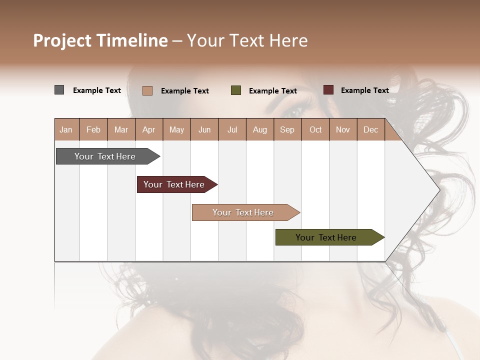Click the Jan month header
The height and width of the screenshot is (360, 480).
tap(66, 130)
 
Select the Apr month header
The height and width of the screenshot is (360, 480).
tap(149, 130)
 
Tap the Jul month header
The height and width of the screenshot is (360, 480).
tap(232, 130)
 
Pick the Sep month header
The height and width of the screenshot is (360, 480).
tap(287, 130)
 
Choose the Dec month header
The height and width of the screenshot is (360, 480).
tap(370, 130)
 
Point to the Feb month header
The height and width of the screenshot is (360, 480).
tap(93, 130)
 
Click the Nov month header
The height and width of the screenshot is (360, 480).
tap(343, 130)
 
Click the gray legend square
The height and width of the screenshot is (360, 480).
tap(59, 90)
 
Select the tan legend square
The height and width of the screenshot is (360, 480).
tap(147, 90)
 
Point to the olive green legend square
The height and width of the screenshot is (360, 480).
tap(236, 90)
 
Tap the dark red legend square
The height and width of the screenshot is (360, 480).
tap(328, 90)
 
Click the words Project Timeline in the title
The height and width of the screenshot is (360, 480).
tap(100, 40)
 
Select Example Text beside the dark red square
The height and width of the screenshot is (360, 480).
tap(364, 90)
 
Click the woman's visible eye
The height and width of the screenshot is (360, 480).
tap(295, 111)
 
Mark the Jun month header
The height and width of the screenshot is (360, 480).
tap(204, 130)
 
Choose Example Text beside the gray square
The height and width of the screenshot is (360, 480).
tap(97, 90)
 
